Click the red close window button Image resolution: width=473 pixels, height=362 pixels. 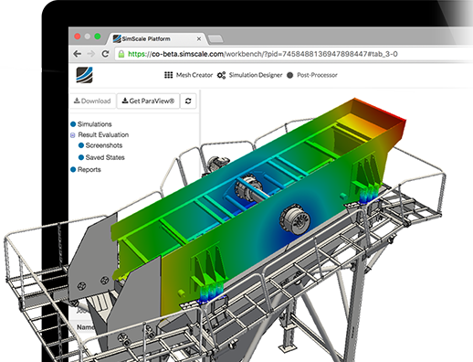(75, 37)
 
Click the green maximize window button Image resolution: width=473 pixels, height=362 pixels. (99, 37)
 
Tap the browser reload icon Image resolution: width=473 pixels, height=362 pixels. (110, 55)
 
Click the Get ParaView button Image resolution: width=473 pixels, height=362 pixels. (148, 101)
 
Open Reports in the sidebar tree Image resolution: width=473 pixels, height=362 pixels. (89, 169)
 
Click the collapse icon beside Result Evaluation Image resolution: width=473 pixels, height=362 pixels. (73, 134)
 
